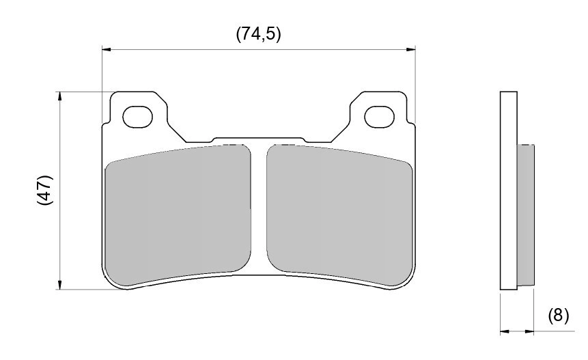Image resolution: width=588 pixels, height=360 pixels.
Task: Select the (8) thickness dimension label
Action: [558, 316]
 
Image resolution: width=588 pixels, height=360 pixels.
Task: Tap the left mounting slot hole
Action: [137, 117]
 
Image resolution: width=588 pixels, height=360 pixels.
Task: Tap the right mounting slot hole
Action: [380, 117]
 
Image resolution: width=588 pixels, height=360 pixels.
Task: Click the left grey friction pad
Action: [178, 215]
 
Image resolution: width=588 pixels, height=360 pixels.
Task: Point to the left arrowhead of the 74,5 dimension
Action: [106, 49]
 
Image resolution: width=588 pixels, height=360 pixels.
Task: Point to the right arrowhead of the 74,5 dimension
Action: [411, 49]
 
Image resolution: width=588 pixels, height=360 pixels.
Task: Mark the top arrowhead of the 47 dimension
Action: [61, 96]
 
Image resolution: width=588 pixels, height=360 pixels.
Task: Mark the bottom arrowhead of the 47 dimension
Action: [61, 285]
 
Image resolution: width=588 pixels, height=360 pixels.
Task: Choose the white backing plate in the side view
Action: [509, 191]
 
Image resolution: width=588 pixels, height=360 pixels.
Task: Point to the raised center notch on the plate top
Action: [258, 139]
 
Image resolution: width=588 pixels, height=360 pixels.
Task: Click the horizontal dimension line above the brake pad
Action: [205, 49]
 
